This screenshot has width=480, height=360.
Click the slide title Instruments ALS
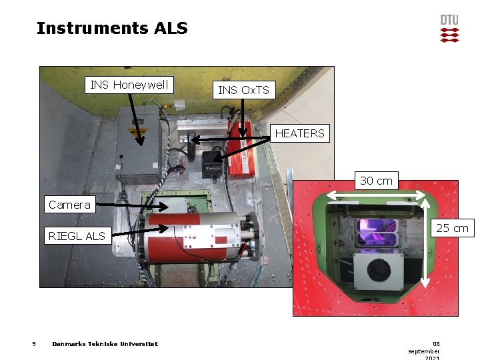(x=112, y=28)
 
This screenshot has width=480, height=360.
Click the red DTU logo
(x=449, y=29)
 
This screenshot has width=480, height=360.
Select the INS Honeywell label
(x=131, y=85)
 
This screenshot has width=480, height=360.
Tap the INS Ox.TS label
(x=244, y=90)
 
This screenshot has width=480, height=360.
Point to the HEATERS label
(x=299, y=133)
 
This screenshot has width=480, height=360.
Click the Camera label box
(x=69, y=205)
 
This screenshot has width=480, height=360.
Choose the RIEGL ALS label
(x=77, y=235)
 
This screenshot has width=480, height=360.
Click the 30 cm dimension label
(x=376, y=181)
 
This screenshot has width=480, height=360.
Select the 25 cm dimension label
(x=452, y=229)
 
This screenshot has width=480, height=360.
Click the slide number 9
(x=33, y=344)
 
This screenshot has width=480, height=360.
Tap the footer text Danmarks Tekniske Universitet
(x=105, y=344)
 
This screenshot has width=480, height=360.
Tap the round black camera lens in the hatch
(x=381, y=269)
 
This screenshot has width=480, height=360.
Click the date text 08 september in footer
(x=424, y=347)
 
